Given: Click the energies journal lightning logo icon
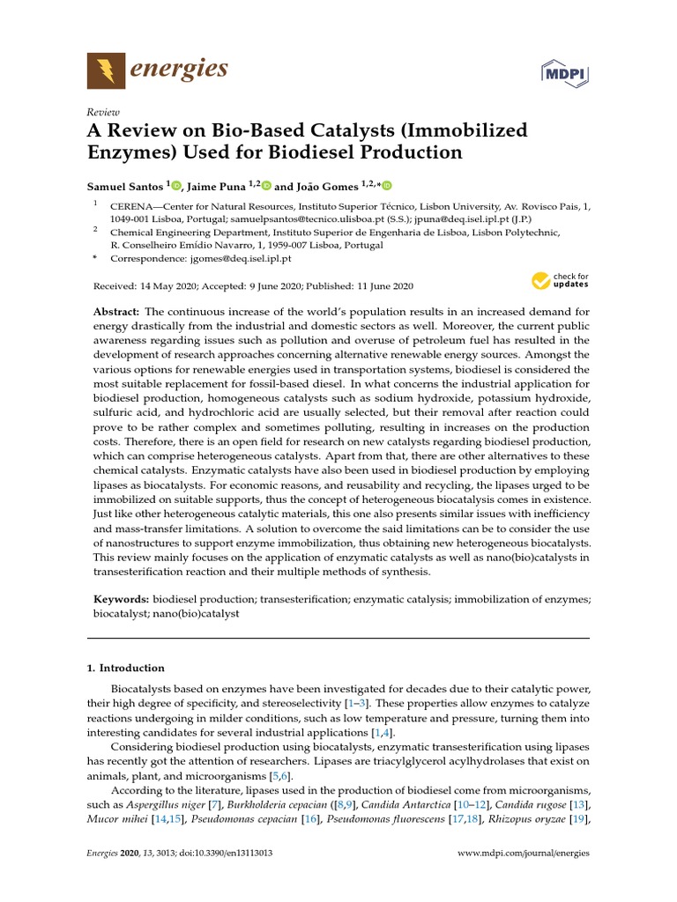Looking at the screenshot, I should pyautogui.click(x=106, y=70).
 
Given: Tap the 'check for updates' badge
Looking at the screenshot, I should pyautogui.click(x=560, y=282).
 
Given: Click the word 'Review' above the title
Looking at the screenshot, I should pyautogui.click(x=103, y=112).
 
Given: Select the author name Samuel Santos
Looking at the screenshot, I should pyautogui.click(x=125, y=186).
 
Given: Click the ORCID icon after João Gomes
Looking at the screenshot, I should pyautogui.click(x=385, y=186).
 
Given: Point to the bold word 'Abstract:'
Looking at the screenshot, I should pyautogui.click(x=116, y=313).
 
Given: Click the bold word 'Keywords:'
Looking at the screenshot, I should pyautogui.click(x=122, y=599).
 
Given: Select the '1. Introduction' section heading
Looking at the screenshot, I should pyautogui.click(x=125, y=668).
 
